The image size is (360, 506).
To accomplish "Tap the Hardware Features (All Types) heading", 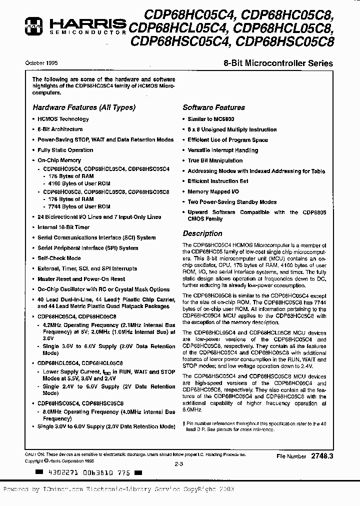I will pyautogui.click(x=84, y=107).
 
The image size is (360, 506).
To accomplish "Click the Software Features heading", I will pyautogui.click(x=213, y=107).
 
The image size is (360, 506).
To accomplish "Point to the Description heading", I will pyautogui.click(x=202, y=233).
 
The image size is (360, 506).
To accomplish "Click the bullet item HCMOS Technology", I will pyautogui.click(x=63, y=119).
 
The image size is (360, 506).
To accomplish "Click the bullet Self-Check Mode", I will pyautogui.click(x=59, y=258).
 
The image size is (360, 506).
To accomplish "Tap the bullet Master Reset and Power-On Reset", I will pyautogui.click(x=81, y=279).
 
